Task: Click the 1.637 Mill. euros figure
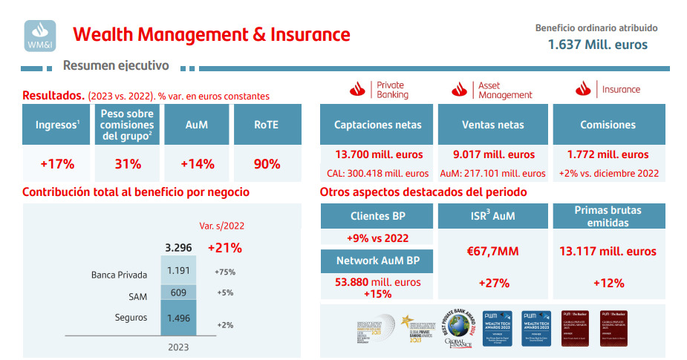(597, 45)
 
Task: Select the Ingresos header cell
(57, 125)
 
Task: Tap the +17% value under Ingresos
(57, 164)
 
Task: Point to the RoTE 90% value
(267, 164)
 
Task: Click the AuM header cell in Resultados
(196, 125)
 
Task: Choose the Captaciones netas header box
(377, 125)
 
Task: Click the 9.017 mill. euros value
(492, 155)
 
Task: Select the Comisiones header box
(608, 125)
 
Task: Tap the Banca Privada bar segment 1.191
(179, 271)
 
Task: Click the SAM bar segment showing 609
(179, 292)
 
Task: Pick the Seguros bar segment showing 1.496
(179, 318)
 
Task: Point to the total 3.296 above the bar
(178, 248)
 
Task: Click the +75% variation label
(225, 272)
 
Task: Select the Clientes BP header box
(377, 216)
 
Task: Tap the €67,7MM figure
(492, 252)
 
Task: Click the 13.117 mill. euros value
(608, 252)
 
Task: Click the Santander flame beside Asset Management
(458, 90)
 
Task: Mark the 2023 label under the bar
(178, 347)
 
